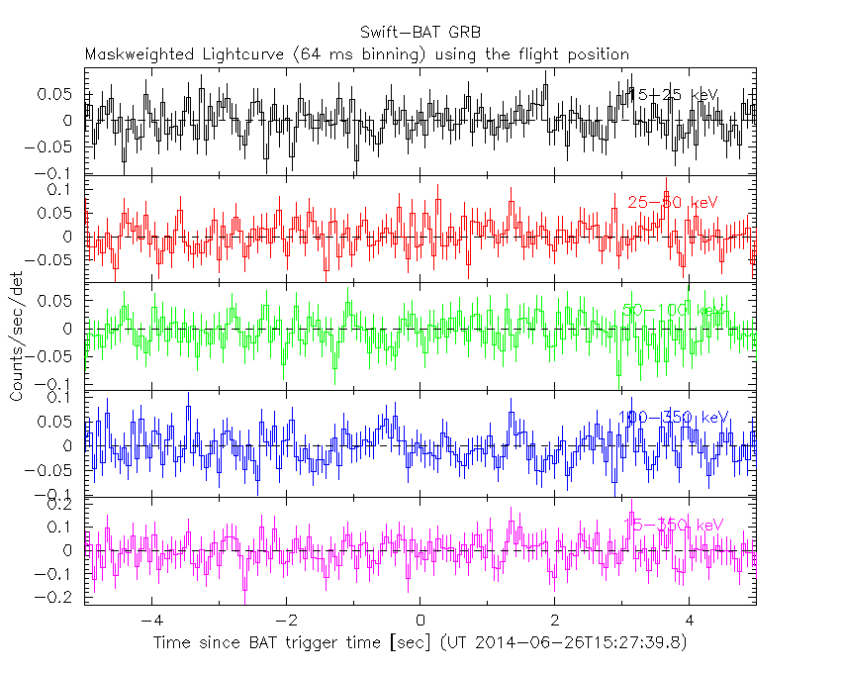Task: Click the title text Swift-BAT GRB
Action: coord(420,33)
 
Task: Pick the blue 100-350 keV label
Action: coord(673,418)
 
